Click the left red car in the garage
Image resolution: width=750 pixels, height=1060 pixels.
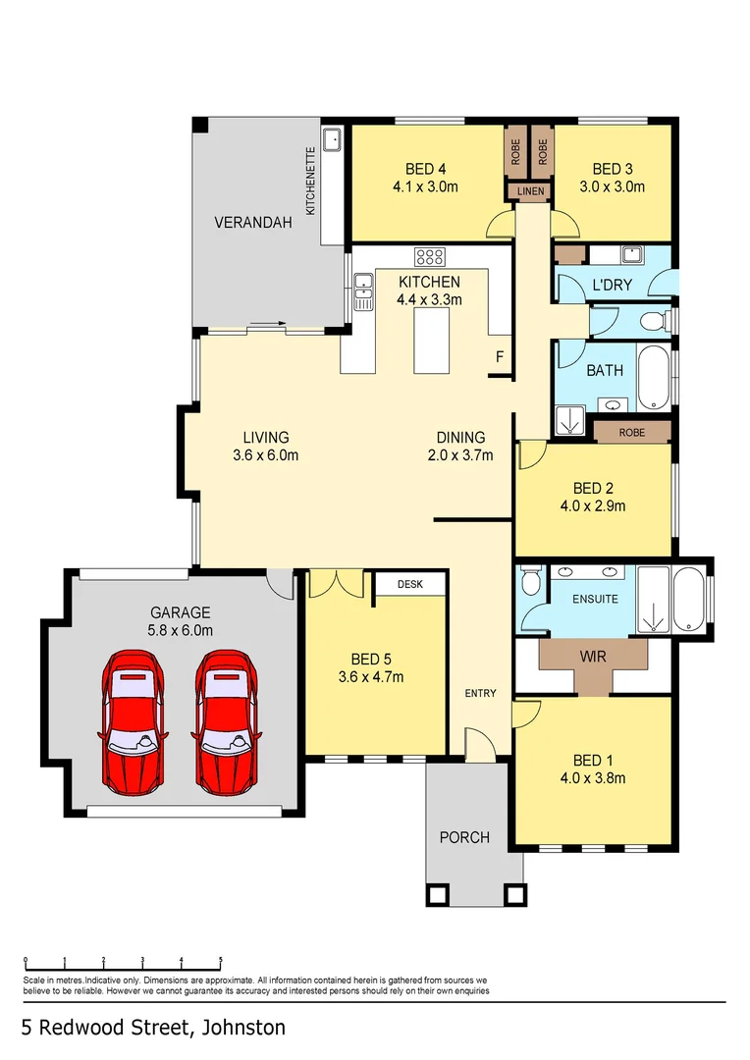point(134,722)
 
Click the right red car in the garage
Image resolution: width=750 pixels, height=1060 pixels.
point(227,722)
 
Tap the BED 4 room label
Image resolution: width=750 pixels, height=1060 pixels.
point(425,169)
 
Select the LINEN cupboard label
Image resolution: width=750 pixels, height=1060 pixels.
point(531,191)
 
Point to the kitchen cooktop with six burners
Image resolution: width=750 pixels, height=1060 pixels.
point(430,256)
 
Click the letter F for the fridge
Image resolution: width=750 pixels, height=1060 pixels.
point(500,356)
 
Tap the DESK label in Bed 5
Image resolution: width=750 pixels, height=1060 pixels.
point(409,584)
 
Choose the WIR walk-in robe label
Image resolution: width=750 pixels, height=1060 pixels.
point(593,657)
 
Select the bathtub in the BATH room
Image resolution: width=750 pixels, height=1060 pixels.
point(654,378)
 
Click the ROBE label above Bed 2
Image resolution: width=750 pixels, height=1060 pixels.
point(632,433)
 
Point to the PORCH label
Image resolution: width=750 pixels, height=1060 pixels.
point(464,837)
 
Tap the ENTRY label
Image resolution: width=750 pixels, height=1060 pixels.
point(481,693)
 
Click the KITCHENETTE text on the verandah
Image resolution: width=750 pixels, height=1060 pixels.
point(311,182)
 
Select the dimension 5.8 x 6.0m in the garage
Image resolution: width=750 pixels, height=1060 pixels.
point(181,631)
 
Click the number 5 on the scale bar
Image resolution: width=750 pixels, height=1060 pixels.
point(221,960)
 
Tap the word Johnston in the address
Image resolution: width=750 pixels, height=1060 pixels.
point(243,1028)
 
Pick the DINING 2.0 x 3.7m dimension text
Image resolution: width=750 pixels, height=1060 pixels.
point(460,455)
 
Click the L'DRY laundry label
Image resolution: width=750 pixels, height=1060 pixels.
point(612,285)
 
